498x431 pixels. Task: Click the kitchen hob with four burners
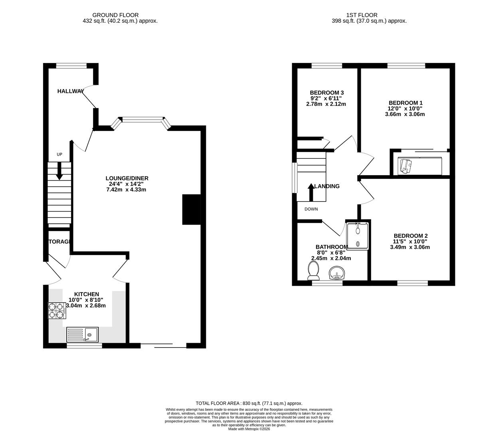click(x=57, y=311)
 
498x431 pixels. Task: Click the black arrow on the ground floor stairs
click(x=59, y=171)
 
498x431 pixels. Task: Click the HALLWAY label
click(x=71, y=91)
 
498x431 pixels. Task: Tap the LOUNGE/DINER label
click(x=127, y=178)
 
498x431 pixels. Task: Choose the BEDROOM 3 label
click(x=327, y=93)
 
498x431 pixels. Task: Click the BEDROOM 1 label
click(x=406, y=103)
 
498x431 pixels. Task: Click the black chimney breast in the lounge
click(x=191, y=210)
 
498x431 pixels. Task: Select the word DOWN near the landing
click(x=311, y=209)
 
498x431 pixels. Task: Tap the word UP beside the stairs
click(x=59, y=154)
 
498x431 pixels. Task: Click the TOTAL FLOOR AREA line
click(x=249, y=403)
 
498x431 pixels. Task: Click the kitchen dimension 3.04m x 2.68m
click(x=86, y=306)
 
